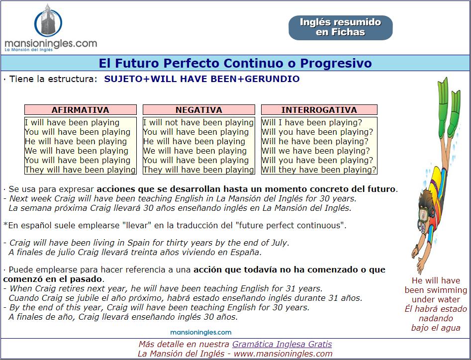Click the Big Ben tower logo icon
pos(48,20)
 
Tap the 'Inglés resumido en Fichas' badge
pos(340,28)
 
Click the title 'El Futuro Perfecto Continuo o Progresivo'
pos(235,63)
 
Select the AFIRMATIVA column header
pos(81,110)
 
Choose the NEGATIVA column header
pos(199,110)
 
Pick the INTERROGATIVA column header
pos(319,110)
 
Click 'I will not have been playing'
pos(198,122)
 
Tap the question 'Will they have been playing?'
pos(319,170)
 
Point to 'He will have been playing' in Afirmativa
pos(76,141)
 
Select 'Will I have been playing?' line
pos(312,122)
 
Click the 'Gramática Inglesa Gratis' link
pos(282,344)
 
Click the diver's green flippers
pos(448,104)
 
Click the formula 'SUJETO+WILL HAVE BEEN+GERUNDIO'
pos(202,79)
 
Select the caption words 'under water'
pos(436,299)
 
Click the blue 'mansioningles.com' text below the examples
pos(200,332)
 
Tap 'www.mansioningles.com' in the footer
pos(283,354)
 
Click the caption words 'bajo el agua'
pos(436,328)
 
